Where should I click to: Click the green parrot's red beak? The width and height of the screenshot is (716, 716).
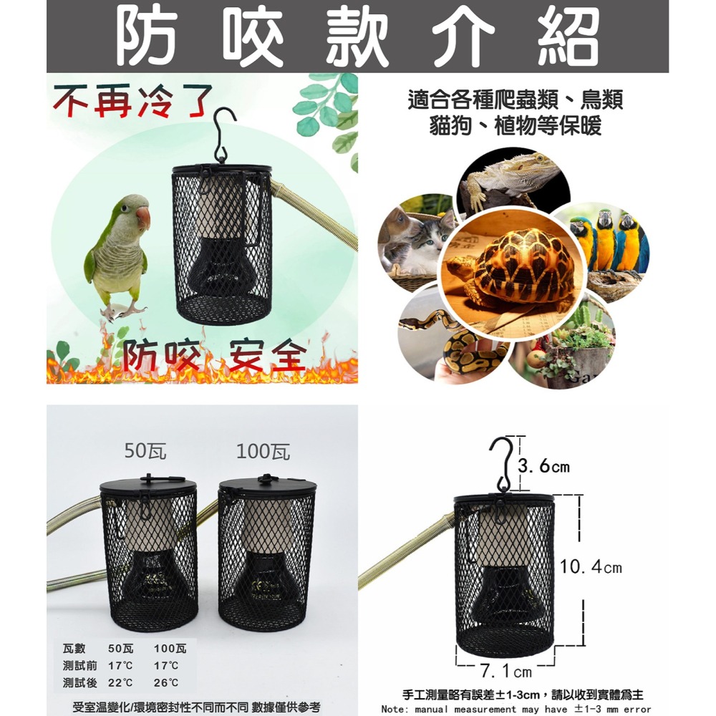click(143, 218)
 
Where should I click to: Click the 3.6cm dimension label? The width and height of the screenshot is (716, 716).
click(544, 467)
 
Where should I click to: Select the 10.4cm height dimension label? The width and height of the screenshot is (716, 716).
click(591, 568)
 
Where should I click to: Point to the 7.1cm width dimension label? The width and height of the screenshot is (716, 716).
click(506, 672)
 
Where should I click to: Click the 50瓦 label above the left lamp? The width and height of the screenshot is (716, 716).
click(145, 450)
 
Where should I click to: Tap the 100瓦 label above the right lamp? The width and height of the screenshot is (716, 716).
click(263, 451)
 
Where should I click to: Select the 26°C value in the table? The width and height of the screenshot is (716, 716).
click(165, 683)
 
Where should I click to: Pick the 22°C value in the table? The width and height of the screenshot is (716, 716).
click(120, 683)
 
